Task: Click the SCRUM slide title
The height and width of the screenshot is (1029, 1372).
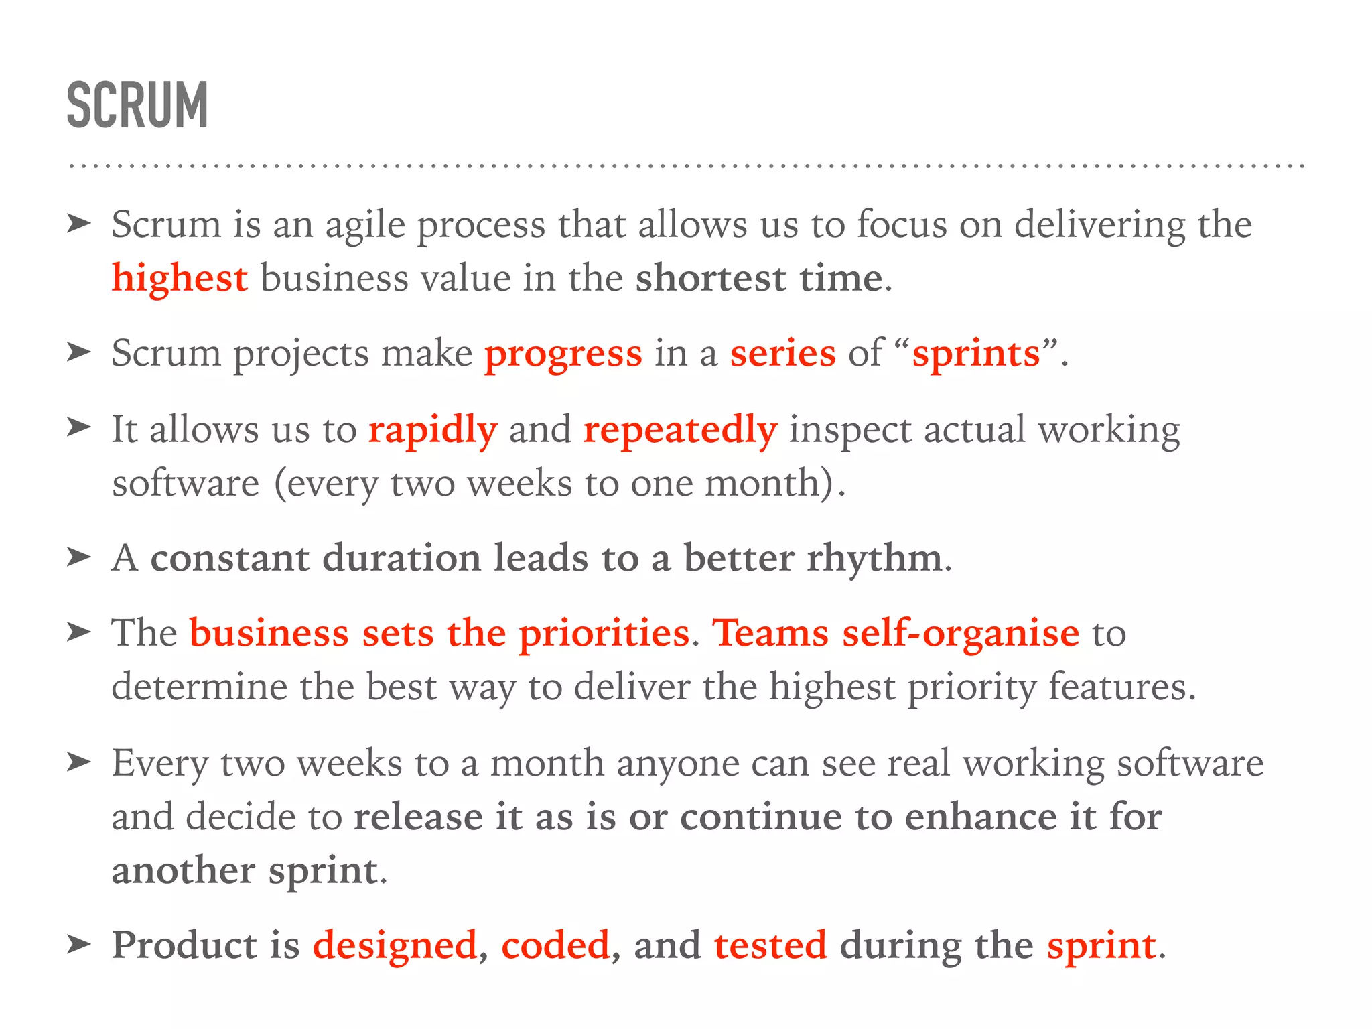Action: (137, 105)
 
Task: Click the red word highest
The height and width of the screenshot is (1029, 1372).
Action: (180, 278)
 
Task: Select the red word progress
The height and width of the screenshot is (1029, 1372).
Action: (563, 354)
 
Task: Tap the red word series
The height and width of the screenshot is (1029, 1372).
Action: (782, 353)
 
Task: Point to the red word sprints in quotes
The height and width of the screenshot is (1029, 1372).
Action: (976, 353)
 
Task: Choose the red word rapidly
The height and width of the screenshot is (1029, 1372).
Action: (432, 429)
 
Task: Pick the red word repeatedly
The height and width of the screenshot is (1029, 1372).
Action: (680, 429)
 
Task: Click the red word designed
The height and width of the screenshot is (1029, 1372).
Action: (395, 945)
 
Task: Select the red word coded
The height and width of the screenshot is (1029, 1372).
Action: (555, 945)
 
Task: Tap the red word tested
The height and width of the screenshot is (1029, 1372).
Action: (770, 945)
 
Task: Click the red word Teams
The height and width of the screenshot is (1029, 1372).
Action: (770, 633)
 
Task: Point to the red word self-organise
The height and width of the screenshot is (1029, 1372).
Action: (961, 633)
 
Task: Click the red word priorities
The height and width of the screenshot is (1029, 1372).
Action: (604, 633)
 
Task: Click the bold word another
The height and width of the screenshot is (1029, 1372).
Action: (183, 870)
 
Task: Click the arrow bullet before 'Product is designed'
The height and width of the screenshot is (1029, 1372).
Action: (78, 945)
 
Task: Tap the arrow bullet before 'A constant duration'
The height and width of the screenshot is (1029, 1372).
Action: (78, 557)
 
